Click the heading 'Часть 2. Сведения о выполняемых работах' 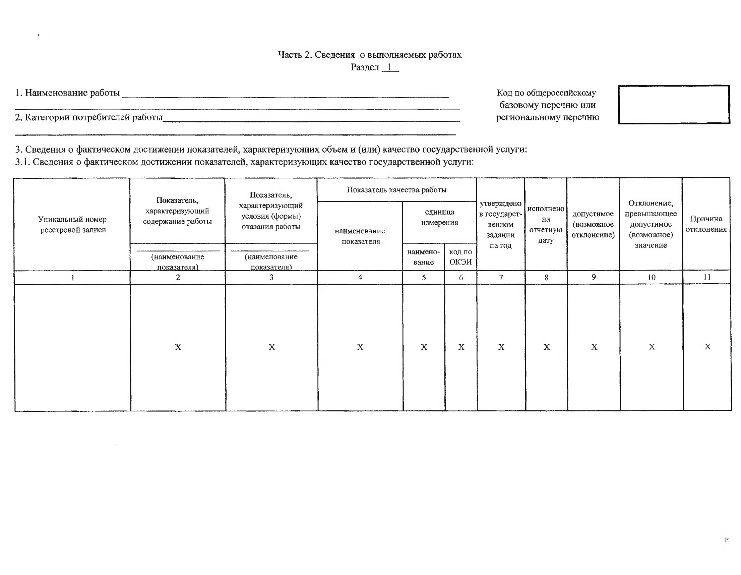(x=369, y=55)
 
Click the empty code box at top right (x=674, y=105)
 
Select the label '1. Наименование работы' (x=67, y=93)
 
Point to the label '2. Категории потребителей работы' (x=88, y=117)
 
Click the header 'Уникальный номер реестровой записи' (x=73, y=224)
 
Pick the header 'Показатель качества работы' (x=396, y=190)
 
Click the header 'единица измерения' (x=439, y=217)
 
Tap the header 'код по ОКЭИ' (x=460, y=256)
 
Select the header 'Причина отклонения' (x=706, y=224)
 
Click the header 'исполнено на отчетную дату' (x=546, y=224)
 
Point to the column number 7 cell (x=501, y=277)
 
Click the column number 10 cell (x=651, y=277)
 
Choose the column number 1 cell (x=73, y=278)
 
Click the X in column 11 (x=707, y=347)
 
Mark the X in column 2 (x=178, y=347)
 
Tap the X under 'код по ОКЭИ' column (x=461, y=347)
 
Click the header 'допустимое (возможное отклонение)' (x=593, y=224)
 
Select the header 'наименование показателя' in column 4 (x=360, y=236)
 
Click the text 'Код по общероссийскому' (x=546, y=93)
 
